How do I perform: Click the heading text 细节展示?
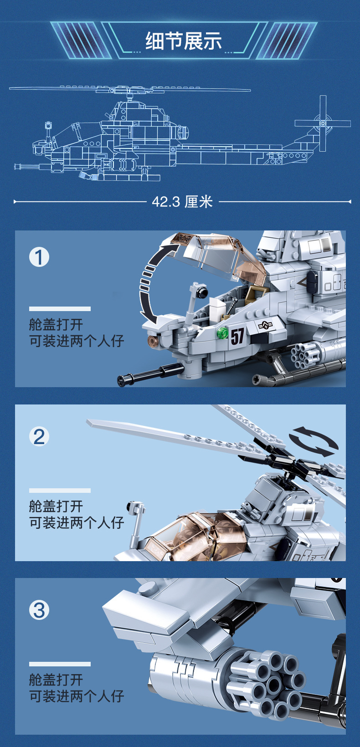click(184, 41)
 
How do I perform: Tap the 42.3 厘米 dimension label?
click(182, 202)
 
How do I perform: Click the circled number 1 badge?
click(39, 257)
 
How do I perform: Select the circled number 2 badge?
click(39, 436)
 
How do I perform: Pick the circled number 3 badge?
click(39, 610)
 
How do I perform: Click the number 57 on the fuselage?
click(237, 336)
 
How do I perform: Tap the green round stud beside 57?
click(222, 333)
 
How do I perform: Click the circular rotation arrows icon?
click(314, 441)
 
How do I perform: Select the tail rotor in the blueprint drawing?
click(323, 123)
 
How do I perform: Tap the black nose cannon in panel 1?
click(150, 374)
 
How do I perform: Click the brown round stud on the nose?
click(154, 342)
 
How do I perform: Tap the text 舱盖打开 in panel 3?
click(56, 679)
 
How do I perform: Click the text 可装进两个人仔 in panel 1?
click(77, 341)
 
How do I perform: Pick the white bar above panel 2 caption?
click(60, 491)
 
